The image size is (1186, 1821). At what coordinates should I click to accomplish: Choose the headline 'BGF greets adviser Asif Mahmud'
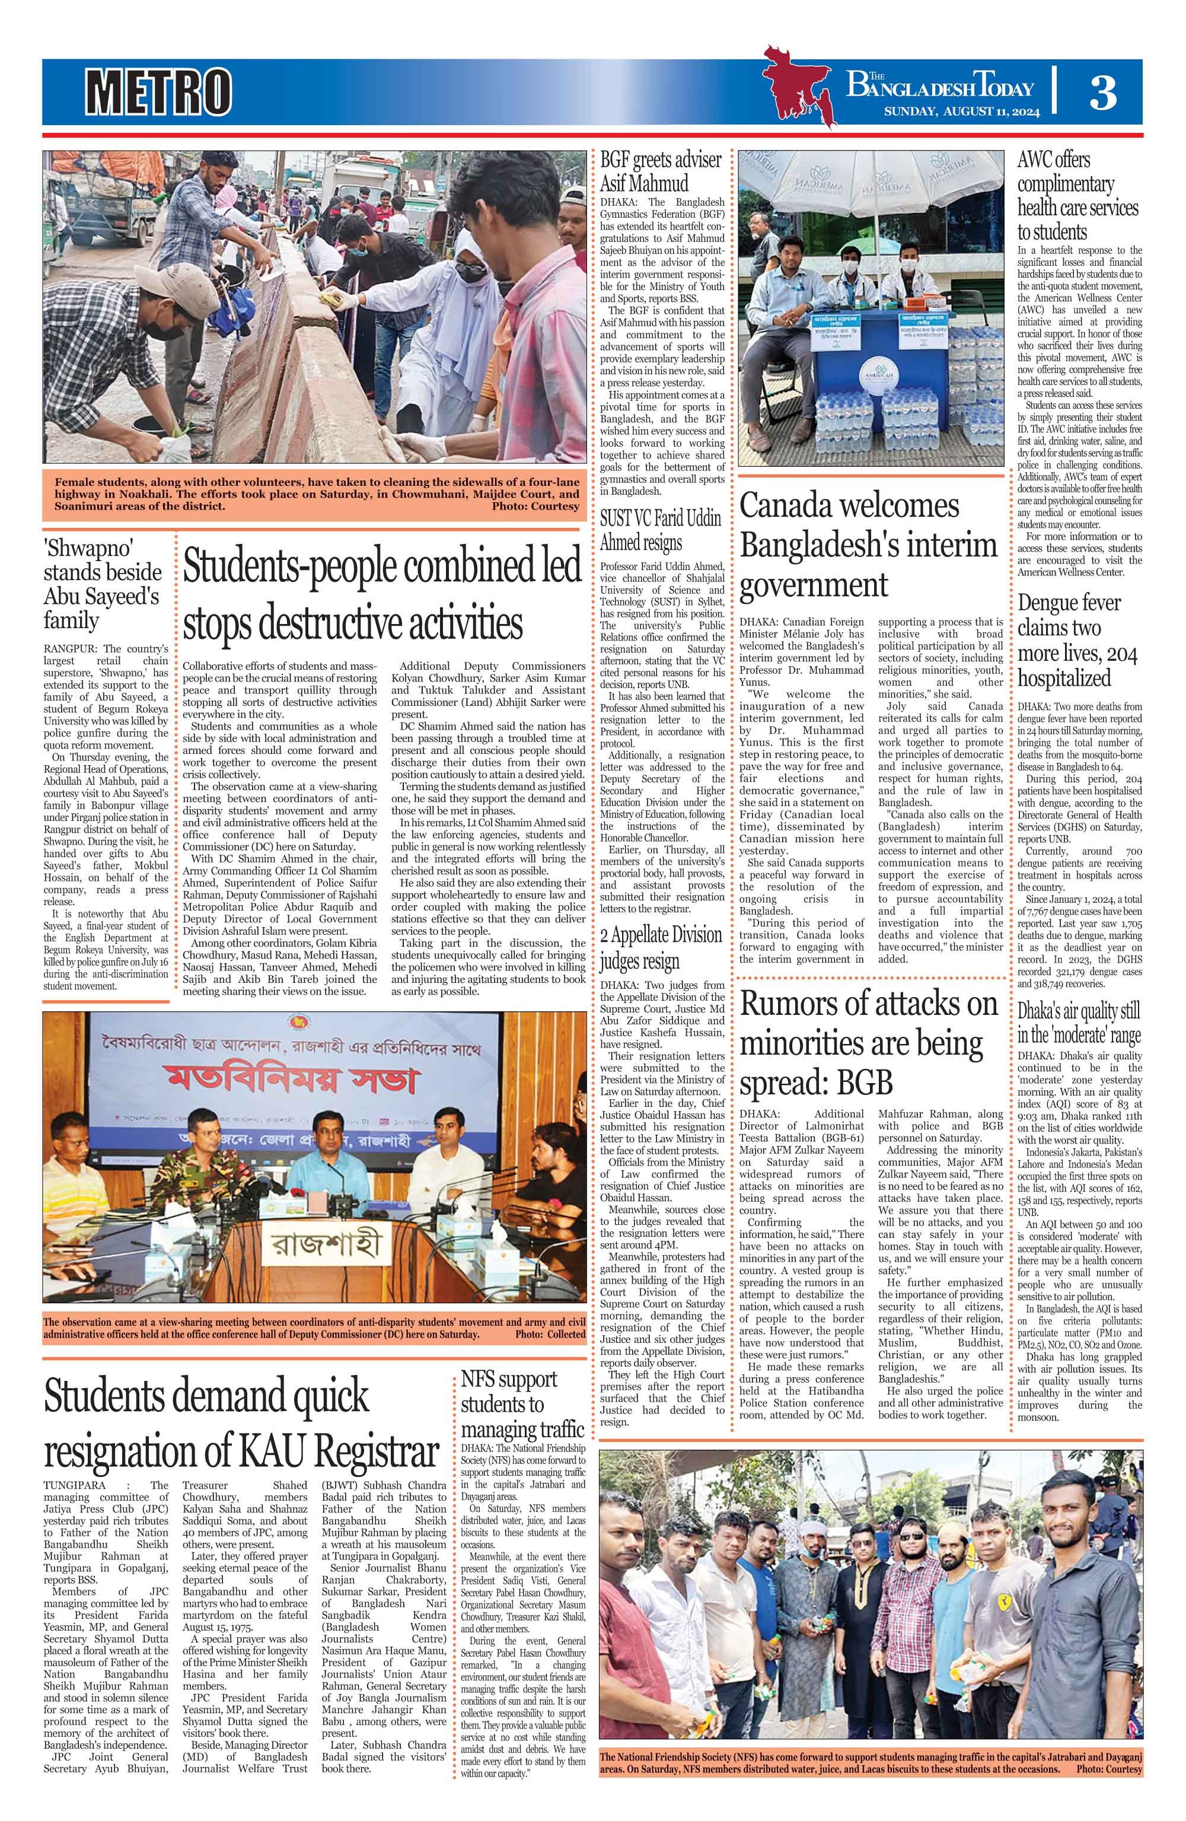click(659, 171)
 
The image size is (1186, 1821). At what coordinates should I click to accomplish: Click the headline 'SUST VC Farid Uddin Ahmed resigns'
click(659, 530)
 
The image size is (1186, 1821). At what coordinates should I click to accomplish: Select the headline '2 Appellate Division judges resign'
click(659, 947)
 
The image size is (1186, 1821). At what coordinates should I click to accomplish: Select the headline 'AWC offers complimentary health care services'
click(1077, 196)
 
